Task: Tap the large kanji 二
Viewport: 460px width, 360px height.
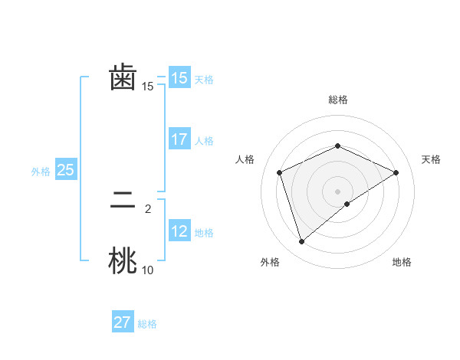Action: pyautogui.click(x=123, y=201)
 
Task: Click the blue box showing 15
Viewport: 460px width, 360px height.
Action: pyautogui.click(x=179, y=78)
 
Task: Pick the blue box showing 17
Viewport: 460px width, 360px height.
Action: pyautogui.click(x=179, y=139)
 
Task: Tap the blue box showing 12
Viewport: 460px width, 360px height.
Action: pyautogui.click(x=179, y=231)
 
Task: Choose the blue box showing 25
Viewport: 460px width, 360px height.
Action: pyautogui.click(x=65, y=170)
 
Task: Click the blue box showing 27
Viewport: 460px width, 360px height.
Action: pyautogui.click(x=123, y=322)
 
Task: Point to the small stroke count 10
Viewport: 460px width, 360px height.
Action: pyautogui.click(x=147, y=270)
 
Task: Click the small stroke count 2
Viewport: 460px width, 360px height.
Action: pyautogui.click(x=147, y=208)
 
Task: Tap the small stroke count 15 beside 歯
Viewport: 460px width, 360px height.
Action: pyautogui.click(x=147, y=87)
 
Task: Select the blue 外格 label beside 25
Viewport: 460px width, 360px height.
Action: pyautogui.click(x=41, y=172)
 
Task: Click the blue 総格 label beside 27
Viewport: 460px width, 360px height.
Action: pyautogui.click(x=147, y=324)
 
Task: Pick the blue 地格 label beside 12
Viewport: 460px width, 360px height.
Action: pyautogui.click(x=204, y=233)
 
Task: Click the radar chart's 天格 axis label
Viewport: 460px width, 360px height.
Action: pyautogui.click(x=431, y=159)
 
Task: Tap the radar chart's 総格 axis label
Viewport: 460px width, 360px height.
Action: pyautogui.click(x=337, y=100)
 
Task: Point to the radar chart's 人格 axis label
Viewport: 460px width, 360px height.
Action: pyautogui.click(x=245, y=159)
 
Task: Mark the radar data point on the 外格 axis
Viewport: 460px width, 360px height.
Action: pyautogui.click(x=301, y=242)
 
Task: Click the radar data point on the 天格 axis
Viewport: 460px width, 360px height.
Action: pyautogui.click(x=396, y=172)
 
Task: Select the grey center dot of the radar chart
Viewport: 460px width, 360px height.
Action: pyautogui.click(x=337, y=191)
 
